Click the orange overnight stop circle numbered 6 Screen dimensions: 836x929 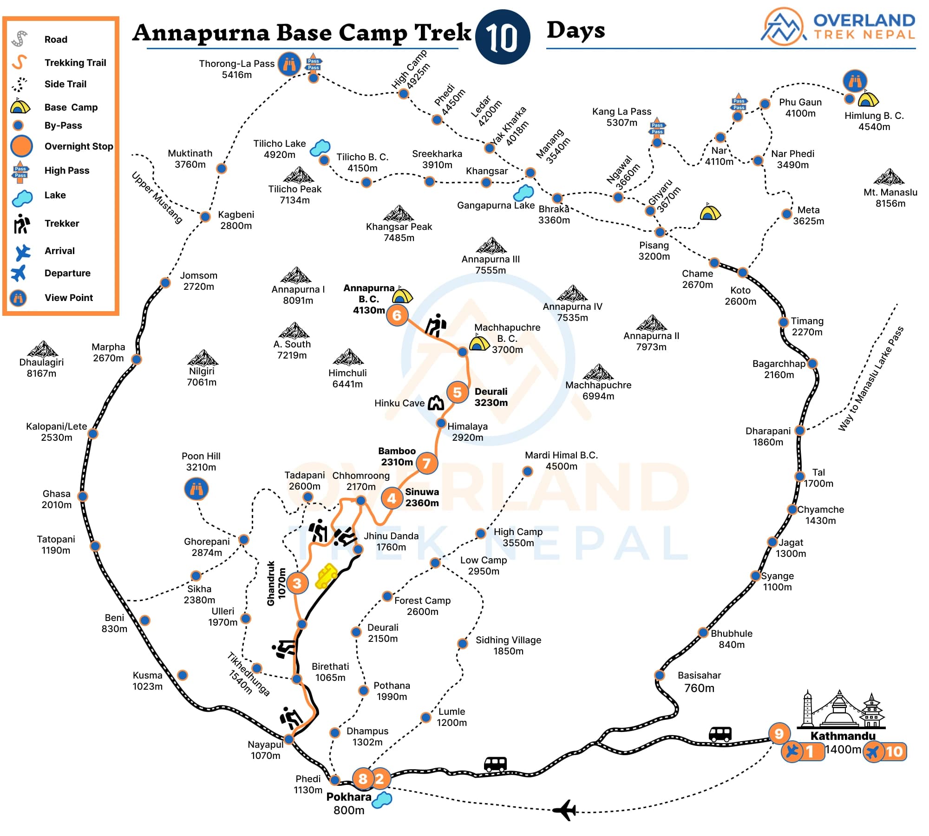click(397, 315)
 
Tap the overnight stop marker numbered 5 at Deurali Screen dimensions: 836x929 click(457, 392)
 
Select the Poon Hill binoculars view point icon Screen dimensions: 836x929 click(196, 489)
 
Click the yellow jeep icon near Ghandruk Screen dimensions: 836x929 click(326, 576)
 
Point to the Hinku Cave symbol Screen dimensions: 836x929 click(436, 403)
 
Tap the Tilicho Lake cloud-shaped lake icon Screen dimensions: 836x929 click(320, 148)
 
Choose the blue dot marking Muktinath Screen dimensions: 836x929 click(222, 168)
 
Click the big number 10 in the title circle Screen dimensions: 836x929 click(503, 37)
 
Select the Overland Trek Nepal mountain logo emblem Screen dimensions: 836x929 click(783, 27)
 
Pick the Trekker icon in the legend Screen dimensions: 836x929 click(21, 223)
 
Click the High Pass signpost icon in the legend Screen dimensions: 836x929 click(20, 170)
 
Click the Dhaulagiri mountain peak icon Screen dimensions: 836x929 click(42, 349)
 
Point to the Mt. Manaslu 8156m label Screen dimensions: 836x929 click(890, 197)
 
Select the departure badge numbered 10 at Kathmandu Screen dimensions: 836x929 click(885, 751)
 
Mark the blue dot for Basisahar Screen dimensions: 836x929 click(659, 675)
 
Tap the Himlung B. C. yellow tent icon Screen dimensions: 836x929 click(868, 99)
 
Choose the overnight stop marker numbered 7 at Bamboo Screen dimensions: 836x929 click(426, 463)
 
